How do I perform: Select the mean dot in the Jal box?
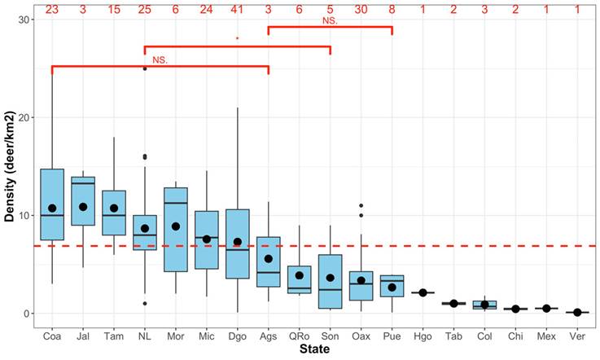tap(83, 207)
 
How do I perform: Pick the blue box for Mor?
tap(176, 229)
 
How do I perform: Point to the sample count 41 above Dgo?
tap(237, 10)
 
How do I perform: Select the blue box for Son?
tap(330, 281)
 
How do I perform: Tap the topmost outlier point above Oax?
tap(361, 206)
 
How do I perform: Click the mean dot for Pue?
tap(392, 288)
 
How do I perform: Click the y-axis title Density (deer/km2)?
tap(10, 167)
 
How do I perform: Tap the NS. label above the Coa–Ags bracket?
tap(160, 59)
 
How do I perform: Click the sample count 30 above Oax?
tap(361, 10)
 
